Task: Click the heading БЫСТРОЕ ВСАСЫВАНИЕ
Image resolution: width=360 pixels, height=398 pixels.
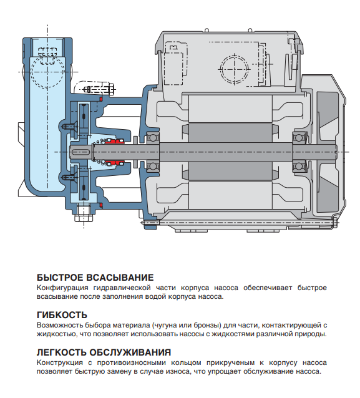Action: tap(95, 278)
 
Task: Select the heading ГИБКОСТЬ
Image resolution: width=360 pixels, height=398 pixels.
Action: tap(62, 315)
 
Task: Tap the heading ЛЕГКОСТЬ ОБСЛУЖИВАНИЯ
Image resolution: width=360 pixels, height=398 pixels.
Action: tap(104, 352)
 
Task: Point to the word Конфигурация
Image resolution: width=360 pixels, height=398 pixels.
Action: tap(62, 288)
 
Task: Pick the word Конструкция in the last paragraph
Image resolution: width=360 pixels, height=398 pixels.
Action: tap(60, 363)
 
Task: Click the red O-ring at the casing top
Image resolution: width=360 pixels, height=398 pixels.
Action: tap(101, 99)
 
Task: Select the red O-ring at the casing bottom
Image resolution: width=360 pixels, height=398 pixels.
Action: tap(101, 205)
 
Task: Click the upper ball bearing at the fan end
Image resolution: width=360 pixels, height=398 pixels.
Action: tap(299, 137)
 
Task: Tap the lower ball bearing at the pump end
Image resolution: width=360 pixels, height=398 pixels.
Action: tap(153, 167)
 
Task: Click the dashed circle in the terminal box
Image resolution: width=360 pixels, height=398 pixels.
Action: tap(235, 69)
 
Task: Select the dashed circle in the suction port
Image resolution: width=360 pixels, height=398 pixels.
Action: tap(47, 72)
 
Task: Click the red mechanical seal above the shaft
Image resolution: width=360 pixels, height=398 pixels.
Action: tap(115, 141)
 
